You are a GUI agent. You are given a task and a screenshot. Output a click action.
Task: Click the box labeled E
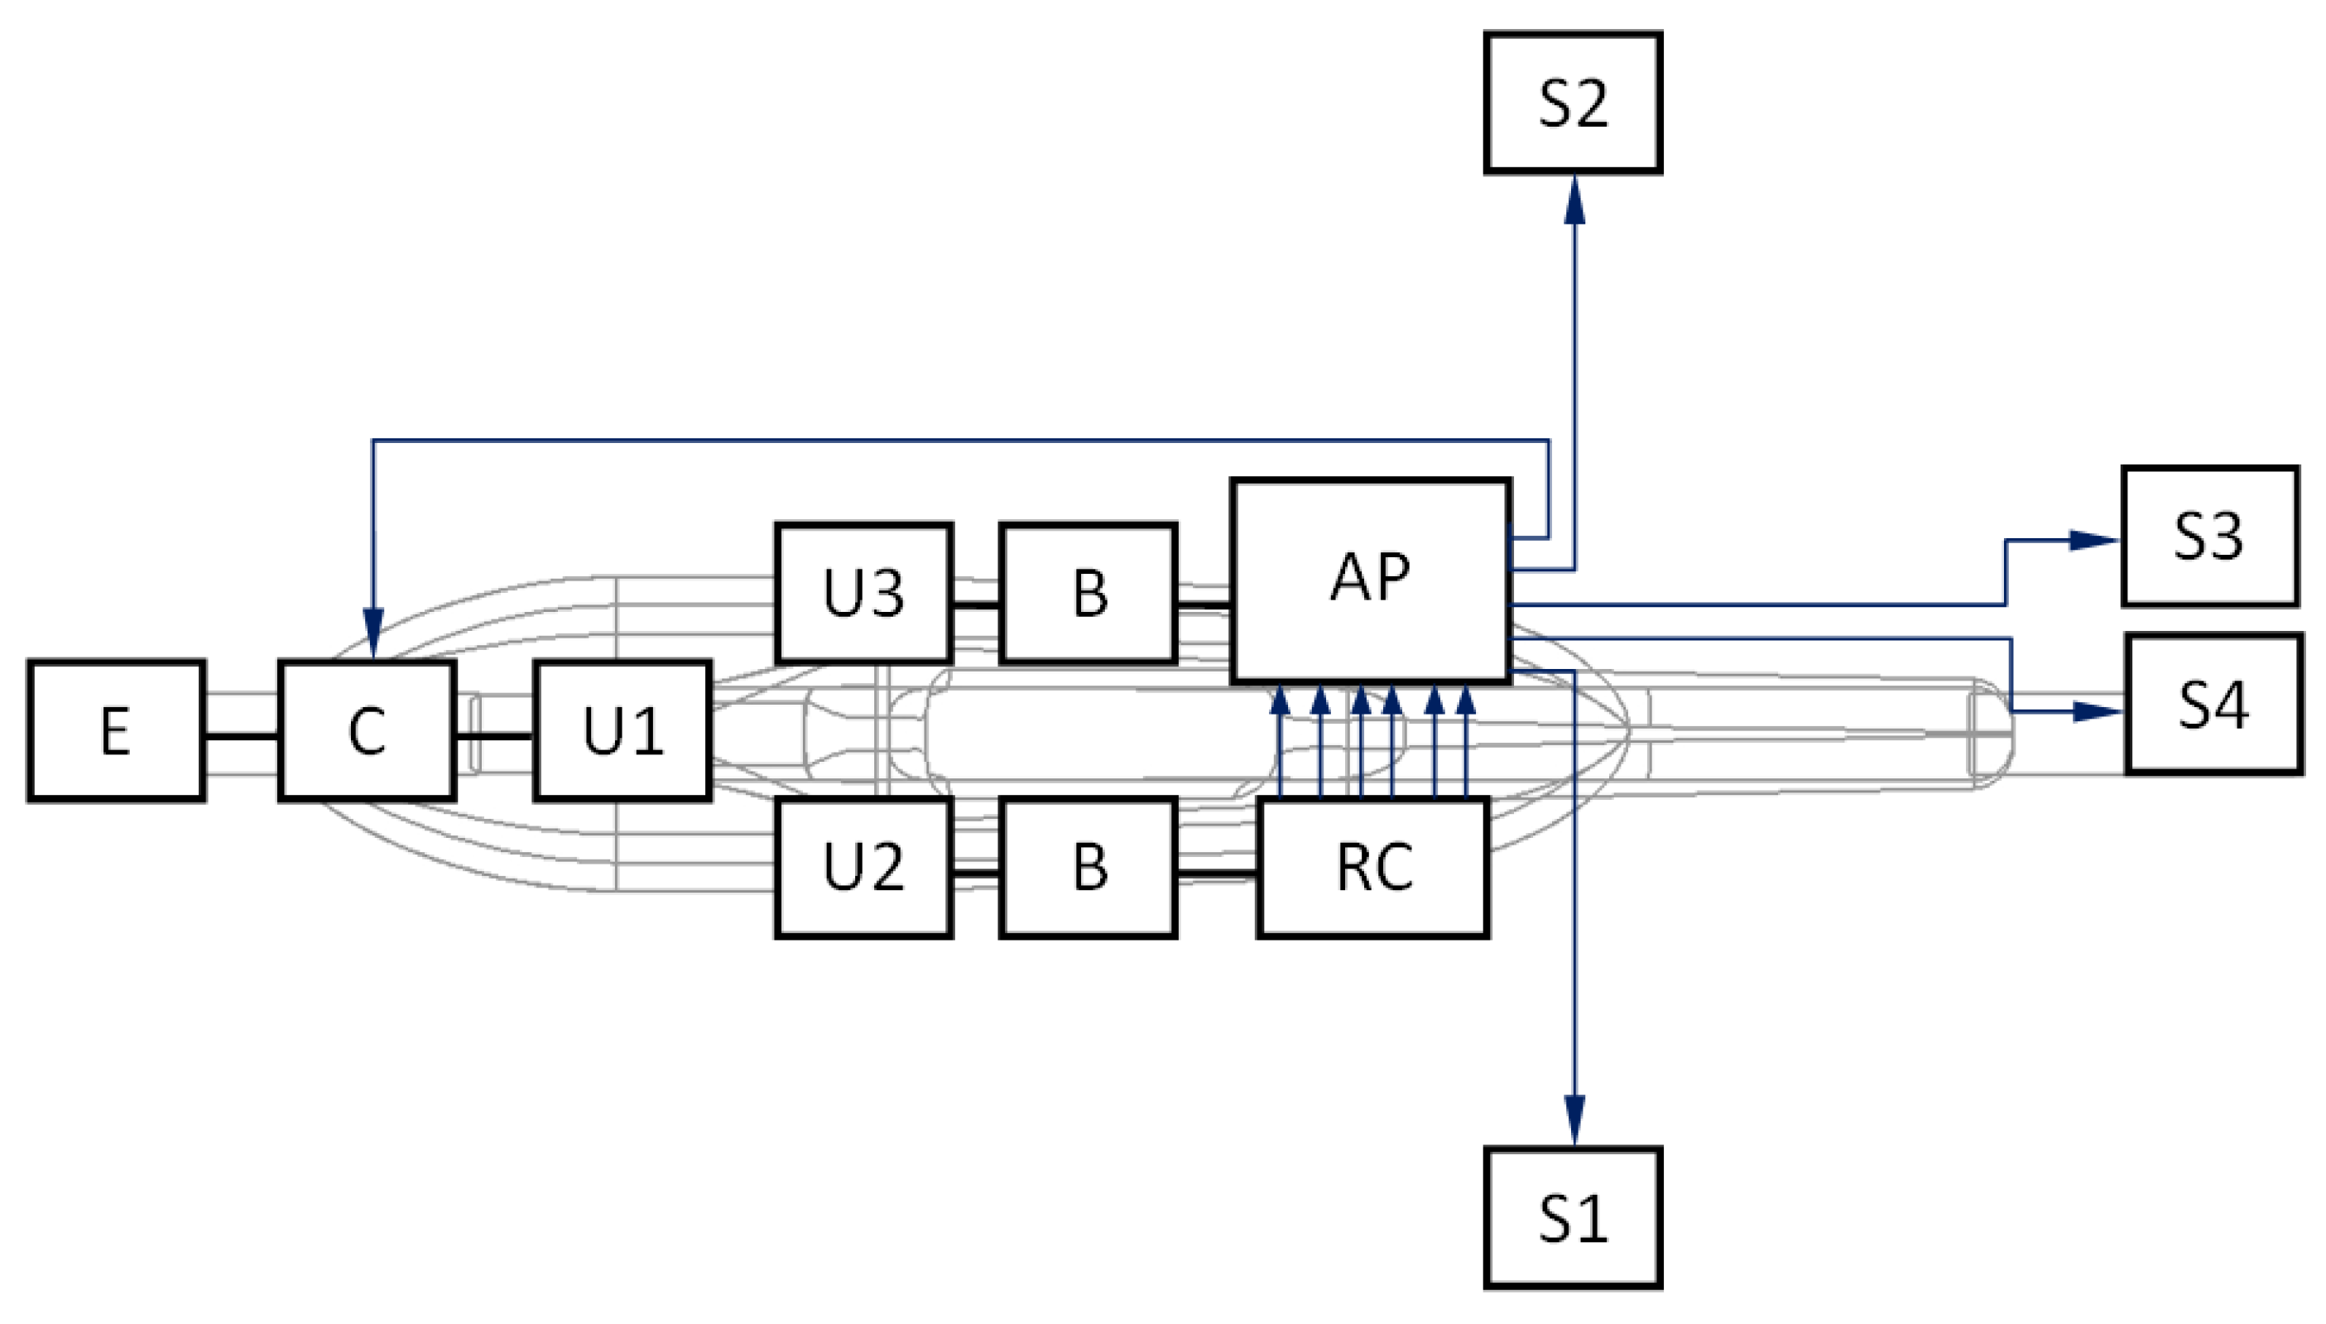(115, 730)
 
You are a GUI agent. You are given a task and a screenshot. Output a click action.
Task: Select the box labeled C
(367, 730)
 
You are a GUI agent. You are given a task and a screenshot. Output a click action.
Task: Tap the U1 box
(622, 730)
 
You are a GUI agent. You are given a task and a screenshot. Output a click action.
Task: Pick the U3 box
(863, 593)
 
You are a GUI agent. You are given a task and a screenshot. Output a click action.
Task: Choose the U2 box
(863, 867)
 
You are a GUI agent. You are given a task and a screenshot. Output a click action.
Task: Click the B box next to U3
(1088, 593)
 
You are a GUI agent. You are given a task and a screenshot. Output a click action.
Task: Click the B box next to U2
(1088, 867)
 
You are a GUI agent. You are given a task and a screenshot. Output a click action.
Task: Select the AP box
(1370, 580)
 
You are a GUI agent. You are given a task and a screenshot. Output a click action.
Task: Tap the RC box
(1372, 867)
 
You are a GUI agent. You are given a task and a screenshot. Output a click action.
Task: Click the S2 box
(1573, 103)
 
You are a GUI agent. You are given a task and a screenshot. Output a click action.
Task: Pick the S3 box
(2208, 536)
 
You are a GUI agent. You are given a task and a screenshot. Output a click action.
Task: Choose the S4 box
(2213, 704)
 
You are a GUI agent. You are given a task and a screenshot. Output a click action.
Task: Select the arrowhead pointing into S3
(2093, 540)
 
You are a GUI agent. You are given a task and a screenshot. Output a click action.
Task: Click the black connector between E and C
(241, 735)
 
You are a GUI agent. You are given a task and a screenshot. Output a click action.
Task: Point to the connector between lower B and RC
(1217, 874)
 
